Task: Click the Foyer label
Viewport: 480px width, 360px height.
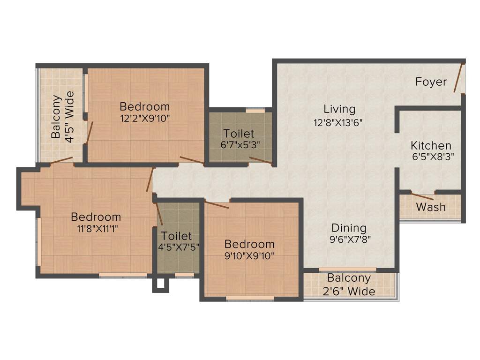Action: (431, 82)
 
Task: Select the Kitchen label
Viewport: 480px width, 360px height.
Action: (431, 145)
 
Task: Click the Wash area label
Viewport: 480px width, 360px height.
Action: (431, 207)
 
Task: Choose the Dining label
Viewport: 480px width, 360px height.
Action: (349, 228)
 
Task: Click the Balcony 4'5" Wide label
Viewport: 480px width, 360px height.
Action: (62, 117)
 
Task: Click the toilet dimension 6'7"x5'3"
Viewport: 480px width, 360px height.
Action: (239, 145)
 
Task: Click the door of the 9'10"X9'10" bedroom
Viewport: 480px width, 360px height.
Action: (217, 205)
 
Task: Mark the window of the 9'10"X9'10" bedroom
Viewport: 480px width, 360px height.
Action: (250, 298)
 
